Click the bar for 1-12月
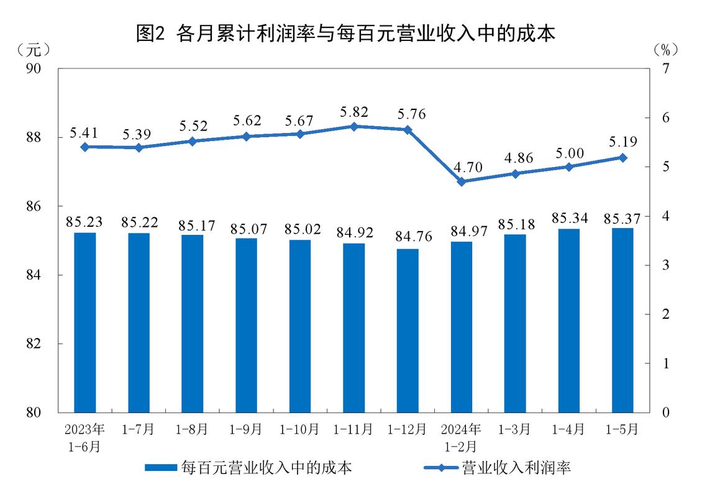tap(407, 331)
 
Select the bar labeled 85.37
tap(622, 320)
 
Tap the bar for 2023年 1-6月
tap(85, 322)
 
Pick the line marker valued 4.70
tap(461, 181)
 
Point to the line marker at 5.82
tap(353, 126)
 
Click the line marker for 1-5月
tap(622, 157)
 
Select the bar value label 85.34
tap(568, 218)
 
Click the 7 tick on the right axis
tap(665, 68)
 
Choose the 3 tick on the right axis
tap(665, 265)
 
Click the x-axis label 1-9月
tap(246, 429)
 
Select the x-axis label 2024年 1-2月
tap(461, 437)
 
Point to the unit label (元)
tap(34, 48)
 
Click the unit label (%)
tap(666, 48)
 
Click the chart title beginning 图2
tap(345, 33)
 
